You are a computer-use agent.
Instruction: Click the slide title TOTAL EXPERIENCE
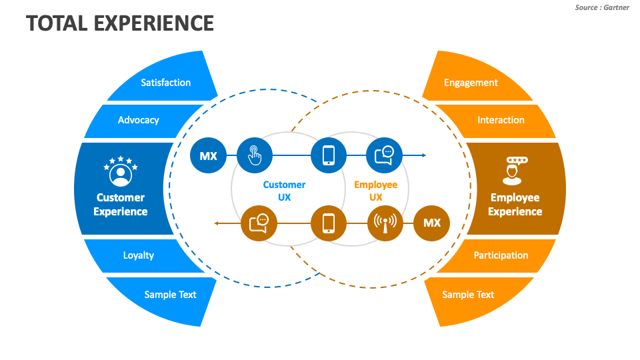tap(120, 23)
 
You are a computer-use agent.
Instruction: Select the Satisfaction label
tap(165, 83)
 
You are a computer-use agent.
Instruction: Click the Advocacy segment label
tap(138, 120)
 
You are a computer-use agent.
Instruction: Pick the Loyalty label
tap(138, 255)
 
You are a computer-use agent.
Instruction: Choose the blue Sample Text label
tap(170, 295)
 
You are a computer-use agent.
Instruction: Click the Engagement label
tap(471, 83)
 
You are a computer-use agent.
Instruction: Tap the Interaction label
tap(501, 120)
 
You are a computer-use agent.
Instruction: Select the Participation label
tap(501, 255)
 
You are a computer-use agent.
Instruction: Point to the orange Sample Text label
tap(468, 295)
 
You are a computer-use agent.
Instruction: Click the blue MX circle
tap(208, 155)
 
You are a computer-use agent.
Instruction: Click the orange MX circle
tap(431, 223)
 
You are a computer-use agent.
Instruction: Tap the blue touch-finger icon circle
tap(255, 155)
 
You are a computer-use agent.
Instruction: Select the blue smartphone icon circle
tap(329, 155)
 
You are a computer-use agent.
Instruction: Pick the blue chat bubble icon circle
tap(384, 155)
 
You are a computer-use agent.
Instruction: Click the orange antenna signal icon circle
tap(385, 223)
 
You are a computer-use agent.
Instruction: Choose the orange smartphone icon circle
tap(329, 223)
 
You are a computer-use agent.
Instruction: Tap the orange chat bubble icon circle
tap(258, 223)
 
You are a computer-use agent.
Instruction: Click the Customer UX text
tap(284, 191)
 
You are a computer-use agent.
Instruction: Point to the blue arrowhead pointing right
tap(423, 155)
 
